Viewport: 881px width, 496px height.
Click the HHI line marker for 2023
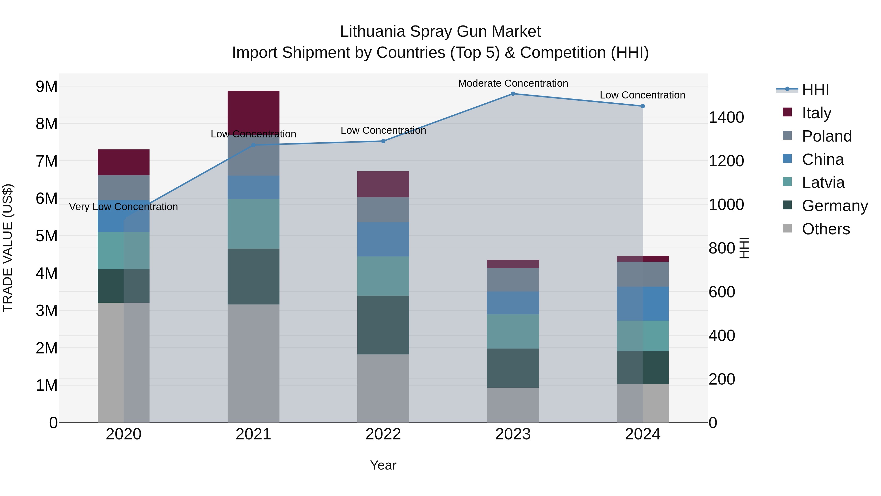pos(513,94)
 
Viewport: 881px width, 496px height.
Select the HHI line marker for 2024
pos(643,106)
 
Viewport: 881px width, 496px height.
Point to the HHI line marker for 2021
pos(254,145)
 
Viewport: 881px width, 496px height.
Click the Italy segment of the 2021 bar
pos(254,112)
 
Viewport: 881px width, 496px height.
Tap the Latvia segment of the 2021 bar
pos(254,224)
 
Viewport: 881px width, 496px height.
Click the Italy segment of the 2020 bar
pos(124,162)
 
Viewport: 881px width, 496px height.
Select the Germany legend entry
pos(835,206)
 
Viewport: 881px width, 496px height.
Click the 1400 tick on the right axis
pos(726,117)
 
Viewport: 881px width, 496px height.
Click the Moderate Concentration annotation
pos(513,83)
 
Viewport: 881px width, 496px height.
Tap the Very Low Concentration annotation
pos(124,207)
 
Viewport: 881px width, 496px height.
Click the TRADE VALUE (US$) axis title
pos(8,248)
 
